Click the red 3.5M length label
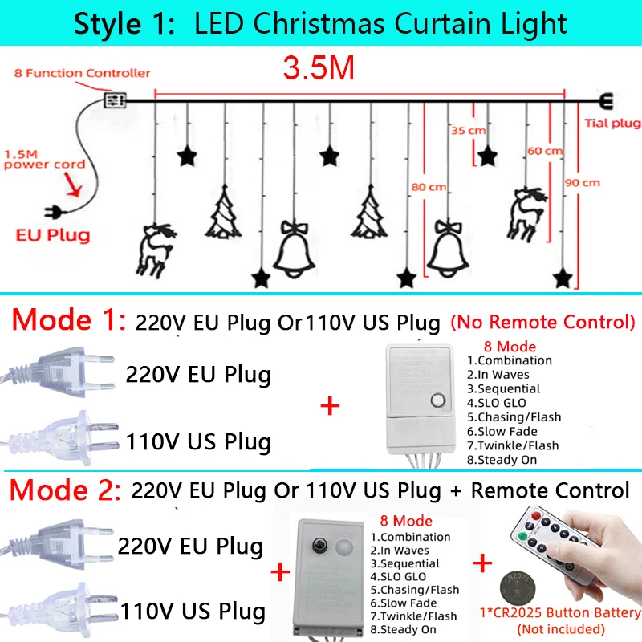click(319, 68)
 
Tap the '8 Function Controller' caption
click(83, 73)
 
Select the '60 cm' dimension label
click(545, 151)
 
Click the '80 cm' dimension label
click(429, 187)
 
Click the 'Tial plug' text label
click(609, 123)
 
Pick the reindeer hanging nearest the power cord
click(153, 249)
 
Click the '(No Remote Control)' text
click(542, 323)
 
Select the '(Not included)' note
click(561, 628)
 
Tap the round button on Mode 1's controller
click(438, 401)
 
